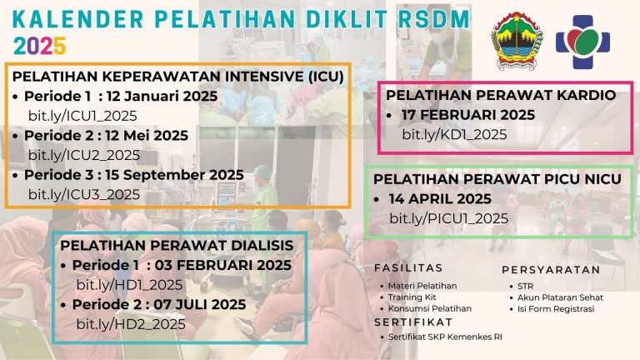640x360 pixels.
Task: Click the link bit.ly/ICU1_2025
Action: coord(82,116)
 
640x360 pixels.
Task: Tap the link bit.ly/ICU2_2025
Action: coord(83,155)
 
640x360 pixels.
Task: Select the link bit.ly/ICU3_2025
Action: coord(83,194)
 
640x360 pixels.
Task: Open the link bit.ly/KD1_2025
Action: coord(454,134)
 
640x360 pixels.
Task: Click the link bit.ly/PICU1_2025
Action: coord(448,218)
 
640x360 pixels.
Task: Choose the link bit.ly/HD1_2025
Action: coord(129,285)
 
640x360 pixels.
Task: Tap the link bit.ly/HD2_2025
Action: coord(131,324)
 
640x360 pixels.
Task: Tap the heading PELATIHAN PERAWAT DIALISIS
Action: coord(177,245)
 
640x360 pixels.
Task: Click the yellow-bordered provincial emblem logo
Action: coord(517,40)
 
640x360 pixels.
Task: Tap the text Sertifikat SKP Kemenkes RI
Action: coord(445,337)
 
